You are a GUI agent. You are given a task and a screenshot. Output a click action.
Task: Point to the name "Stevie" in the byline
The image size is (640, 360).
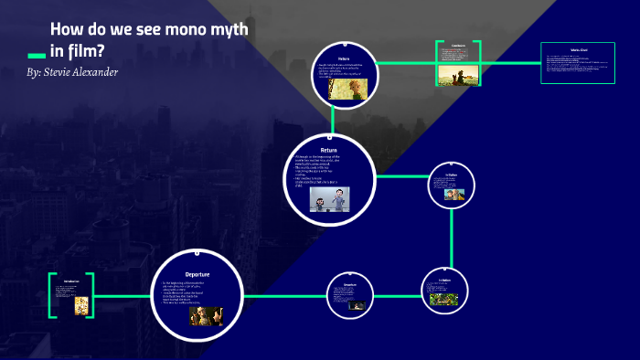coord(65,71)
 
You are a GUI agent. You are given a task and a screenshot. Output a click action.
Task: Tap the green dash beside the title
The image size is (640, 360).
coord(37,55)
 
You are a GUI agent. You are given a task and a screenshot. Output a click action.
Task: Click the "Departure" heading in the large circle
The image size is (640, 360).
coord(198,274)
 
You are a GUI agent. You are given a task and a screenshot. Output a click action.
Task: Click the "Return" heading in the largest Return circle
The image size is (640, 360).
coord(329,150)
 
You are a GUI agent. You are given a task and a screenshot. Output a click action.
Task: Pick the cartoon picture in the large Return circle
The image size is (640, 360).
coord(330,198)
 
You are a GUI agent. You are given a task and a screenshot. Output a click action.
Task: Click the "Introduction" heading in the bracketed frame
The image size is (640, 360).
coord(71,281)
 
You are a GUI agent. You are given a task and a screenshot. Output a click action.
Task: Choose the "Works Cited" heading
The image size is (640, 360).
coord(577,50)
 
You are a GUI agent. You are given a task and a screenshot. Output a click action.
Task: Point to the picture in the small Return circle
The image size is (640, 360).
coord(356,88)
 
